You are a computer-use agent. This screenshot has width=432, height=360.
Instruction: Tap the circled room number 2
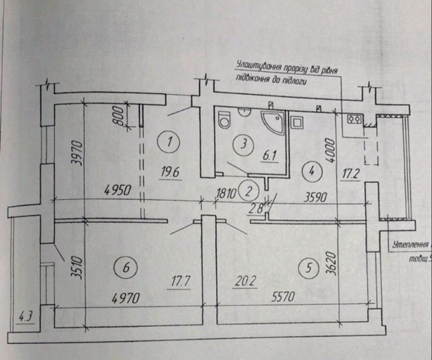point(249,191)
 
